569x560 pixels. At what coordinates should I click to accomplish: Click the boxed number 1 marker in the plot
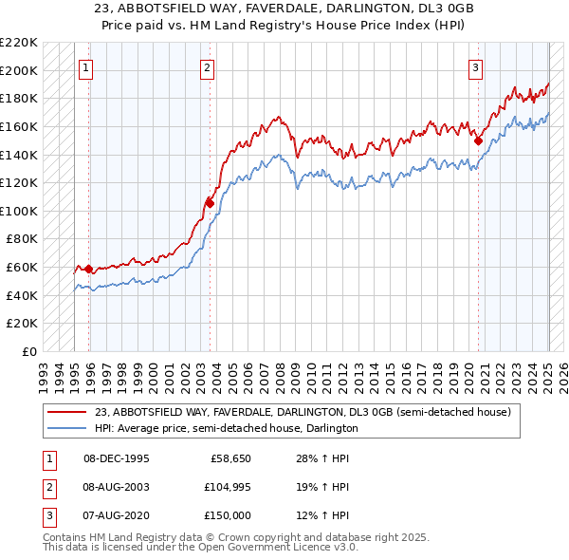pyautogui.click(x=86, y=67)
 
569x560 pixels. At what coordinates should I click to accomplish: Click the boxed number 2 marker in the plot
pyautogui.click(x=207, y=67)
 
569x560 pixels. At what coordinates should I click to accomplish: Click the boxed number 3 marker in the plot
pyautogui.click(x=475, y=67)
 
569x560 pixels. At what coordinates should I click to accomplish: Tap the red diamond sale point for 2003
pyautogui.click(x=211, y=202)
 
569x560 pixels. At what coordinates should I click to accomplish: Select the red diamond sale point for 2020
pyautogui.click(x=479, y=140)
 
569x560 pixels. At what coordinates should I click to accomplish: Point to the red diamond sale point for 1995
pyautogui.click(x=88, y=269)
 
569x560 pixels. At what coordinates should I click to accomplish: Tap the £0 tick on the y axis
pyautogui.click(x=29, y=351)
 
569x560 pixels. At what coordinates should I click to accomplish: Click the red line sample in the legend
pyautogui.click(x=67, y=412)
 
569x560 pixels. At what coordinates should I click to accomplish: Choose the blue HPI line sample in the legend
pyautogui.click(x=67, y=428)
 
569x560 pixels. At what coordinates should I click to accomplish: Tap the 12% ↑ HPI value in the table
pyautogui.click(x=322, y=515)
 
